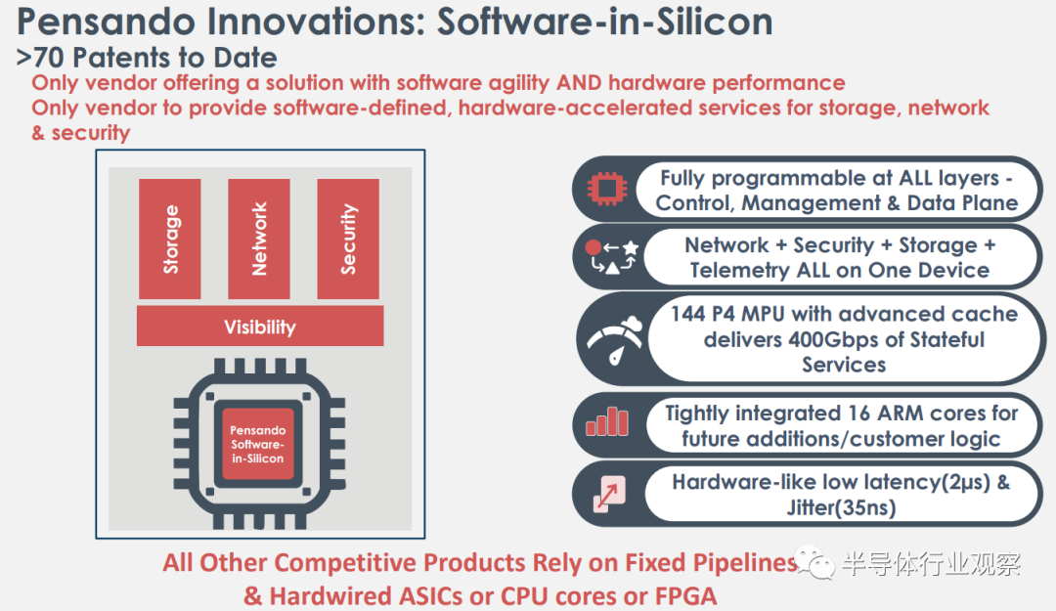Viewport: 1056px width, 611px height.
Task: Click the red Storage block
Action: point(170,239)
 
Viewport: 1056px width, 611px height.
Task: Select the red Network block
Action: point(259,239)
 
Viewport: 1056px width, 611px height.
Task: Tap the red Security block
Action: point(348,239)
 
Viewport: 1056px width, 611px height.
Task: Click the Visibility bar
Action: point(260,327)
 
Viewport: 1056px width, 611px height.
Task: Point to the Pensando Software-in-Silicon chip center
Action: point(258,444)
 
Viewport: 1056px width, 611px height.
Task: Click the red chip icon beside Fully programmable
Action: point(607,189)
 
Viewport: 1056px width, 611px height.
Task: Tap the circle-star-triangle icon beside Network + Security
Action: point(611,257)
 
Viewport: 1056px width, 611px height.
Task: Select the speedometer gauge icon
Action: point(615,340)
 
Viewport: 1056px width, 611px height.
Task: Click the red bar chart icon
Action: point(607,422)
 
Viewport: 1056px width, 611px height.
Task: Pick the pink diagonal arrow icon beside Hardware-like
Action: point(609,494)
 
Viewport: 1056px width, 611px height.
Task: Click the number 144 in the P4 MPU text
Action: point(687,314)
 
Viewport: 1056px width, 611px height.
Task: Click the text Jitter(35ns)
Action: point(841,507)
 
